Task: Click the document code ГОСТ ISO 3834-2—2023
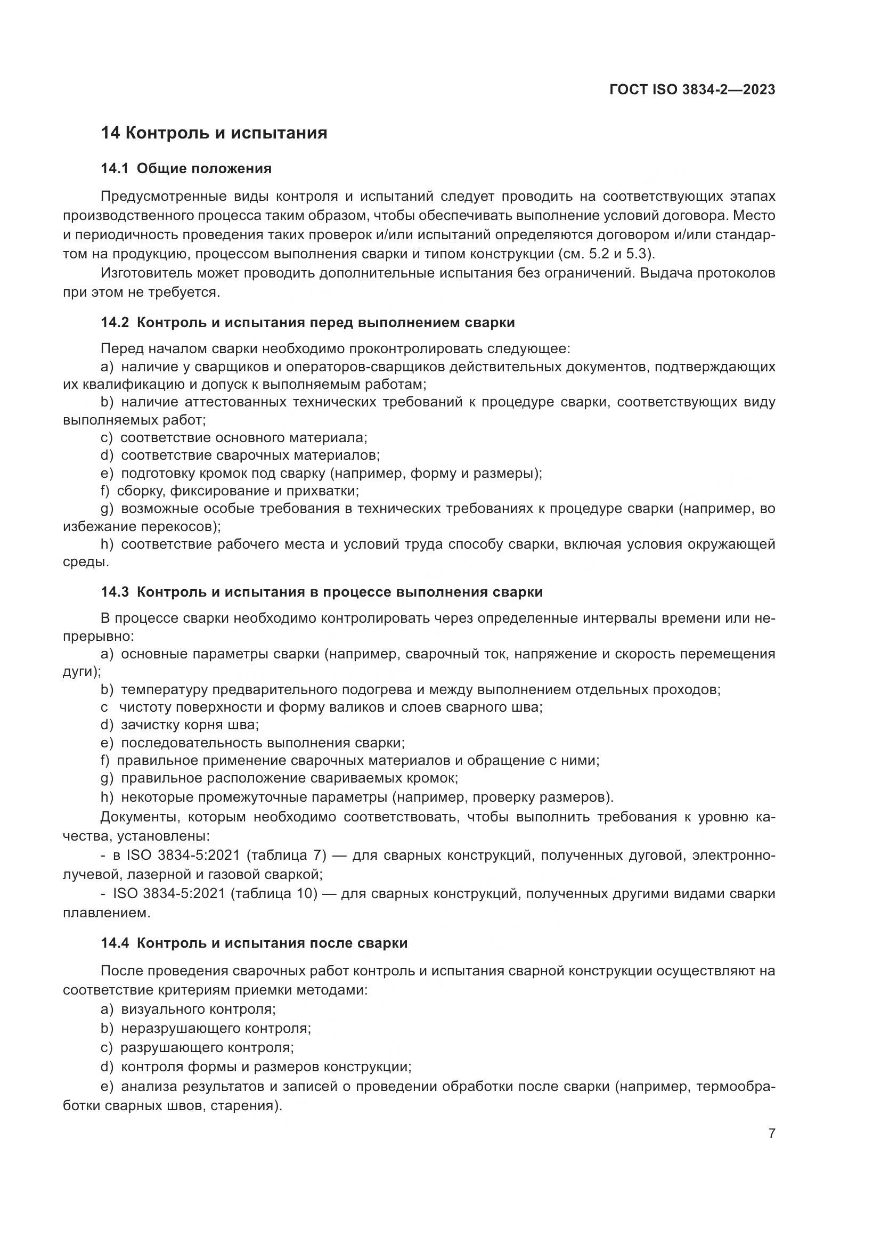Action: [x=692, y=90]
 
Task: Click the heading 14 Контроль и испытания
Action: [x=214, y=133]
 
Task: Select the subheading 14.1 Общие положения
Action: [x=186, y=169]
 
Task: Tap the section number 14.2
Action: [x=115, y=322]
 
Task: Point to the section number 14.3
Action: [x=115, y=591]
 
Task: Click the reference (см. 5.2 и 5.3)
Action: [x=603, y=254]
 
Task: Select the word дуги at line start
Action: [x=78, y=672]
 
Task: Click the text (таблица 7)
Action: [x=286, y=856]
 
